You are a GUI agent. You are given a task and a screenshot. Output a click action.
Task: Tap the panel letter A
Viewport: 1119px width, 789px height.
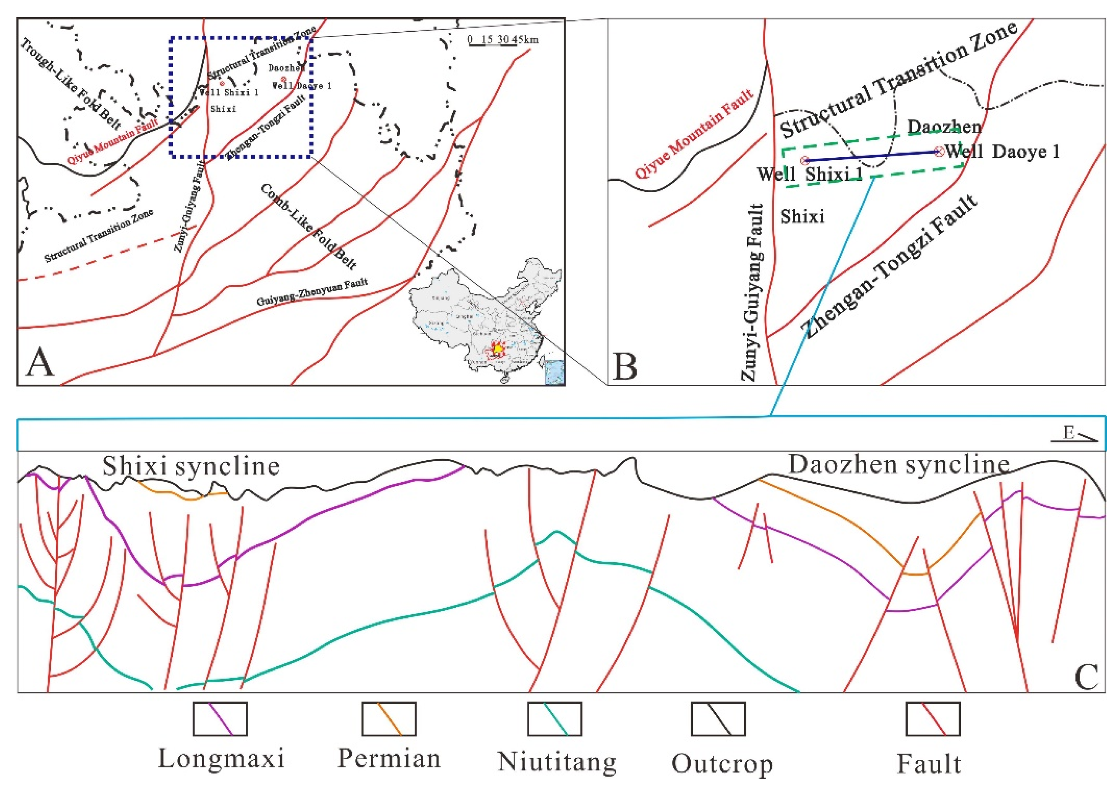[x=40, y=363]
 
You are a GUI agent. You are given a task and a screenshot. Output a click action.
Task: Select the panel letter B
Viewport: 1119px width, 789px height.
[x=625, y=367]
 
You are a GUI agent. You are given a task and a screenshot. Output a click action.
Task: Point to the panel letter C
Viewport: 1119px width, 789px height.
[x=1086, y=676]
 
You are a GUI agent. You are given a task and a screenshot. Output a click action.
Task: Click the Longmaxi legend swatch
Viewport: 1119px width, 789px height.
[x=220, y=719]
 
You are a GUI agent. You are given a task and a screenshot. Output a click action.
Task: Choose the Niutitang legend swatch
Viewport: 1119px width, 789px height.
[x=555, y=719]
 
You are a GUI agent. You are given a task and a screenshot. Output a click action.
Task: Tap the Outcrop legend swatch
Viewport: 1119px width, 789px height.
[x=718, y=719]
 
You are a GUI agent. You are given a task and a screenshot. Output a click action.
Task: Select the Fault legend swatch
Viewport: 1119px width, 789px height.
[x=933, y=719]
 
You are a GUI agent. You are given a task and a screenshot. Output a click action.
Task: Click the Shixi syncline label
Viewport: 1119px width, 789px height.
[x=191, y=466]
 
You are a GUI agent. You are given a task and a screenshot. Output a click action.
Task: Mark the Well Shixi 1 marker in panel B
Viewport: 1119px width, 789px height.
[x=805, y=160]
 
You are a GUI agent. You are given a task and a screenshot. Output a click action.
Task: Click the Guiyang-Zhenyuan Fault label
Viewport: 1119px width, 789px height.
[x=312, y=292]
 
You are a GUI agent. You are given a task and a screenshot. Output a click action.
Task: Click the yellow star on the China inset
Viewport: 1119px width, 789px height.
[x=498, y=349]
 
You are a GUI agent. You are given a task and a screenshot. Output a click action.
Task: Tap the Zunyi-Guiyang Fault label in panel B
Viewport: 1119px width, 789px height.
[x=751, y=292]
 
